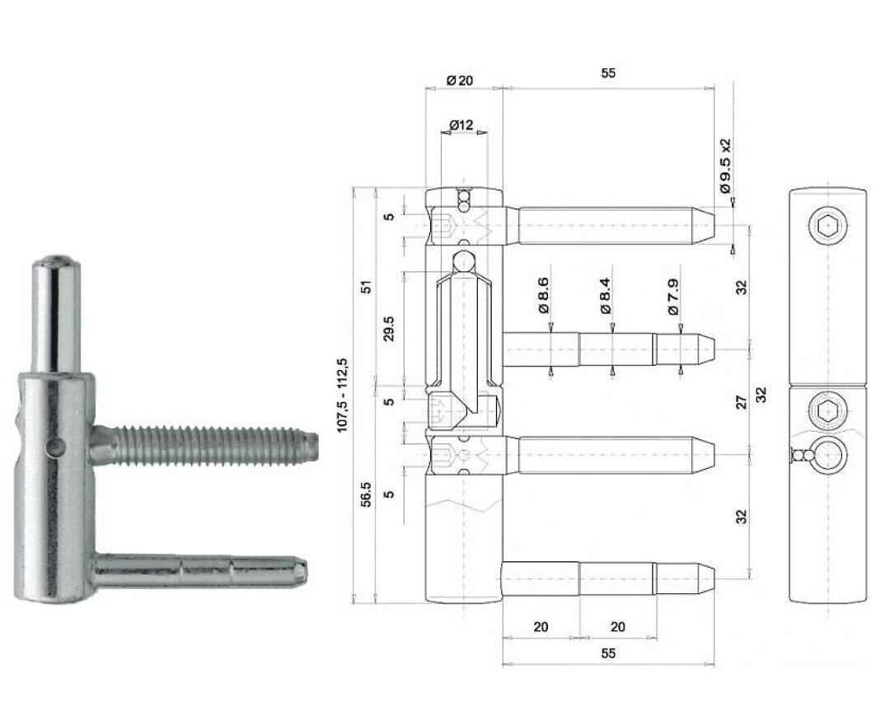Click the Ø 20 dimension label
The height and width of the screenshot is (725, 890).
460,81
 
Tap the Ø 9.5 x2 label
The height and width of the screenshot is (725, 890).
725,166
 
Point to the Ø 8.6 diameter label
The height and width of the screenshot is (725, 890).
543,295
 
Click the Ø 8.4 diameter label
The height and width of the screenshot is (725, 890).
605,295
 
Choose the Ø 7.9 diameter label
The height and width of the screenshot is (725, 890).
673,296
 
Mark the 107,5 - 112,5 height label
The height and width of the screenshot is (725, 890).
342,395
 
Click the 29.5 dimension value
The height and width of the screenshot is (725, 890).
388,329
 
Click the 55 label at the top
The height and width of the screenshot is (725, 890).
608,72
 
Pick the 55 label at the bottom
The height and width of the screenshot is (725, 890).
608,653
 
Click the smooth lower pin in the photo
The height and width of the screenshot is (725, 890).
199,571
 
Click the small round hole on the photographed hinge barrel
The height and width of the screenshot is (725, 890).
55,447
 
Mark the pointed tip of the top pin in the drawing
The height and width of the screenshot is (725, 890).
714,226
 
